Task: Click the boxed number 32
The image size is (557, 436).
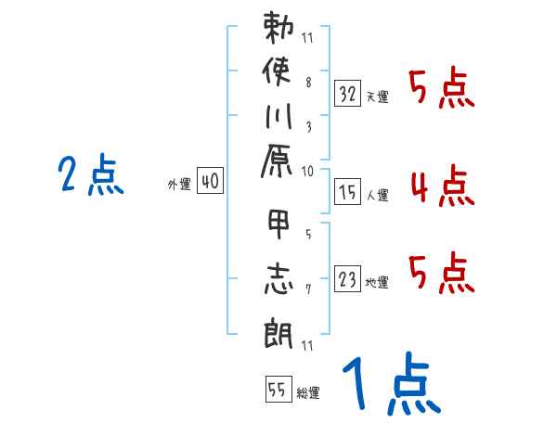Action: coord(348,93)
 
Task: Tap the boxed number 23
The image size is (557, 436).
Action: coord(348,280)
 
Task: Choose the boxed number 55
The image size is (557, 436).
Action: coord(277,391)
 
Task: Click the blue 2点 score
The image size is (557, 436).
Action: coord(90,175)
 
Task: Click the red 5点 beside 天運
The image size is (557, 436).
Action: coord(442,91)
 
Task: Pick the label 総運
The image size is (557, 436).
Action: coord(307,393)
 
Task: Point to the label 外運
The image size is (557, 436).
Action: coord(178,185)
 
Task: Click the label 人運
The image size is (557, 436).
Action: coord(378,195)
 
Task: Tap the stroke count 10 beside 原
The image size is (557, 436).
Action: coord(308,171)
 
